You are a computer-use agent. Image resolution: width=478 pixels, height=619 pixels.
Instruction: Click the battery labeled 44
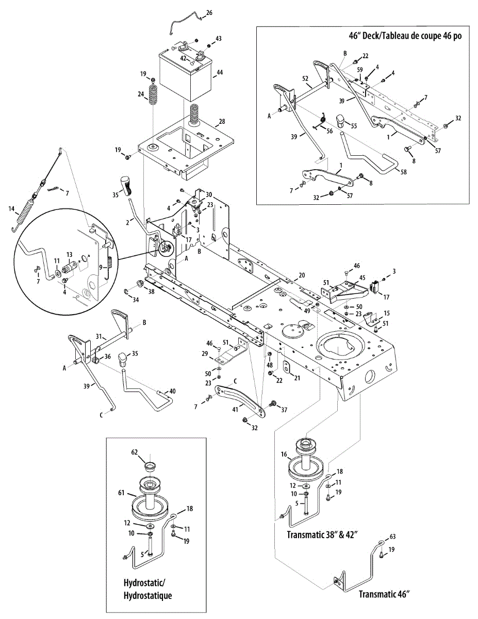[183, 77]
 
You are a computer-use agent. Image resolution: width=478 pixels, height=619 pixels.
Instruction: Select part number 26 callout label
[209, 12]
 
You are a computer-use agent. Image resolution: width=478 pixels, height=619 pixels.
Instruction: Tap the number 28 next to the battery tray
[222, 122]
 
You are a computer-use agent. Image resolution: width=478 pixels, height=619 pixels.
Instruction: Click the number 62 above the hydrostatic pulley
[135, 451]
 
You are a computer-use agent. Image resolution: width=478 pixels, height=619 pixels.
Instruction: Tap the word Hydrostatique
[147, 595]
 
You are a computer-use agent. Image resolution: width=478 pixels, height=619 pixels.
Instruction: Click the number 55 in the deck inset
[353, 125]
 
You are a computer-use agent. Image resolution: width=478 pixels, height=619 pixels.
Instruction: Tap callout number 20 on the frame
[302, 274]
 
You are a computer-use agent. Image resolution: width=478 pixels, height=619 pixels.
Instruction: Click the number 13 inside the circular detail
[70, 254]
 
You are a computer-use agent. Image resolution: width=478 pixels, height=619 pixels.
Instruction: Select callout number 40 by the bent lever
[172, 392]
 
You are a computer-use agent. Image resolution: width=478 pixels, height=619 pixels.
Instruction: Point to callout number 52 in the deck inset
[305, 78]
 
